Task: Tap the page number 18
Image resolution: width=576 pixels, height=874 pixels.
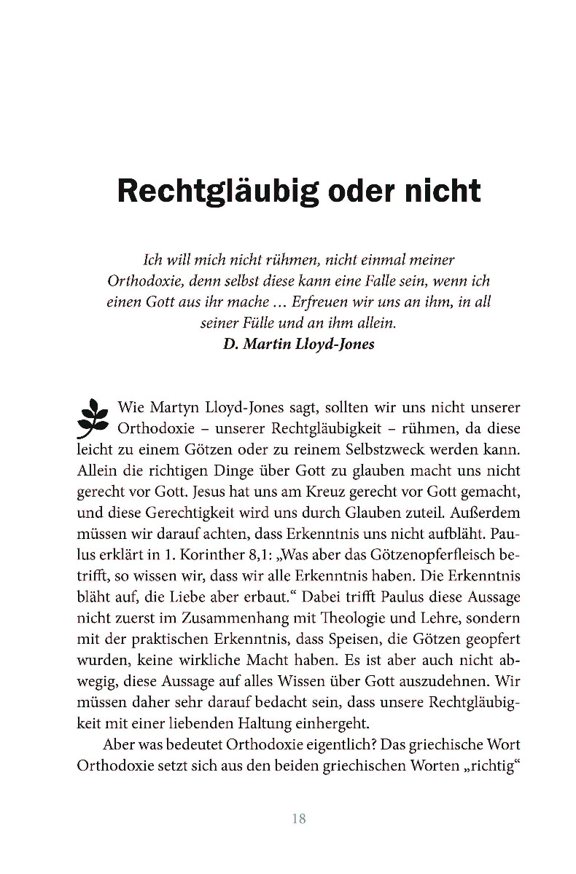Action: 298,819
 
